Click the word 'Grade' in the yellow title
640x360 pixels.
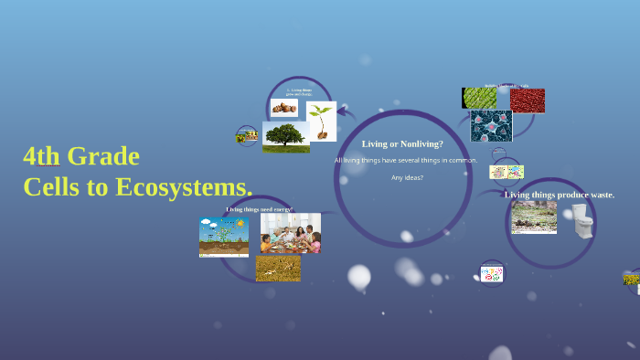point(107,156)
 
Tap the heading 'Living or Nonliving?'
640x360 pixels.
point(402,143)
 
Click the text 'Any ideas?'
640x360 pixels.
point(407,177)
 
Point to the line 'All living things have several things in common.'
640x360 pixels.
point(406,160)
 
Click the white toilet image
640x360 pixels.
point(581,220)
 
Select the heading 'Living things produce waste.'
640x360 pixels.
point(560,195)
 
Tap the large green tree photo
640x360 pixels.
point(285,136)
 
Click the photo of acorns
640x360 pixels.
point(283,108)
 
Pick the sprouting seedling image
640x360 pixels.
point(321,121)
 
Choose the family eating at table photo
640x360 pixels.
point(290,233)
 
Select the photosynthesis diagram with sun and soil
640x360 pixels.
point(223,236)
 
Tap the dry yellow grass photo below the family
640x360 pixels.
point(278,267)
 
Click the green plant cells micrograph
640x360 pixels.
point(479,98)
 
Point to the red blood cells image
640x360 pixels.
point(527,101)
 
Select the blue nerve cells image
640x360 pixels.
point(491,126)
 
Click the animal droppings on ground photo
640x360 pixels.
point(534,217)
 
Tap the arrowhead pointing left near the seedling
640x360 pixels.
point(340,113)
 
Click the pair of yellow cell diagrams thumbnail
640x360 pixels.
point(506,172)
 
